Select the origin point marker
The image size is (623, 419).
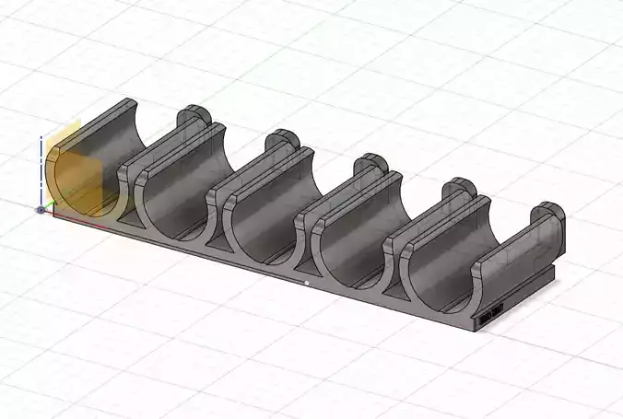pyautogui.click(x=41, y=209)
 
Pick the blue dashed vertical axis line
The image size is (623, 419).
pyautogui.click(x=41, y=170)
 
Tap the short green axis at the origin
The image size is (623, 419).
pyautogui.click(x=50, y=204)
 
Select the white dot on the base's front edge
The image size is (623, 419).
pyautogui.click(x=306, y=283)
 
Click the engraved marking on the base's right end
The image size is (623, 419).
pyautogui.click(x=488, y=316)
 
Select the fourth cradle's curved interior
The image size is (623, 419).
pyautogui.click(x=355, y=249)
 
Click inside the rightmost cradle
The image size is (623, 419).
pyautogui.click(x=447, y=276)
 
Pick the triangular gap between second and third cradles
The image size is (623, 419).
pyautogui.click(x=219, y=247)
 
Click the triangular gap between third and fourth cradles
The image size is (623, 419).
pyautogui.click(x=308, y=273)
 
